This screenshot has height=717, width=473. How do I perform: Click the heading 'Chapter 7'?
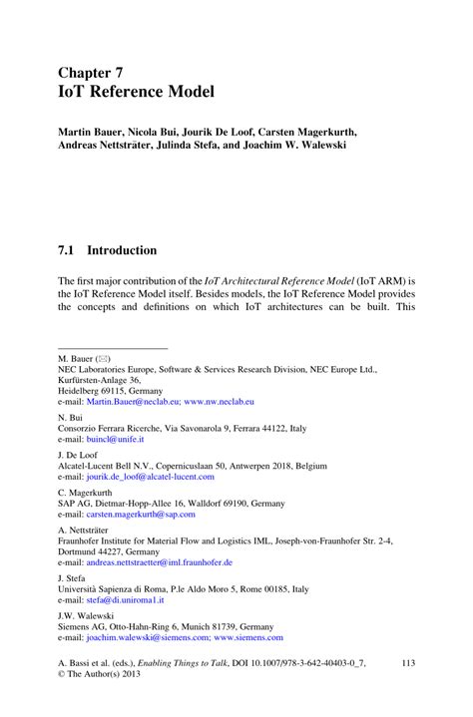tap(92, 72)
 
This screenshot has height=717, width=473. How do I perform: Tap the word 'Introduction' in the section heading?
tap(122, 250)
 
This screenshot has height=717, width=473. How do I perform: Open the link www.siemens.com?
tap(246, 637)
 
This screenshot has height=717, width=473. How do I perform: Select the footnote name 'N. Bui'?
tap(70, 417)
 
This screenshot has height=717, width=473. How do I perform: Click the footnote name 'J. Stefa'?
tap(73, 578)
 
